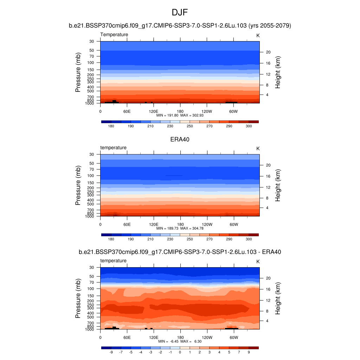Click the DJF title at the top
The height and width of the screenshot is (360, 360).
pyautogui.click(x=180, y=13)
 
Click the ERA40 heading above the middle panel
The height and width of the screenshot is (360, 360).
pyautogui.click(x=180, y=139)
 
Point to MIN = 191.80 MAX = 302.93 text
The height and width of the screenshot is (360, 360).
pyautogui.click(x=180, y=115)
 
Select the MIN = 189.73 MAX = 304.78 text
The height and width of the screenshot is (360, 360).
pyautogui.click(x=180, y=228)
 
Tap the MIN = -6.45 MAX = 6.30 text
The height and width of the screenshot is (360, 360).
pyautogui.click(x=180, y=341)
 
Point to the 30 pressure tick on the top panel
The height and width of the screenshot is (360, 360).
pyautogui.click(x=92, y=41)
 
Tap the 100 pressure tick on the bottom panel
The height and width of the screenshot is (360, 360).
pyautogui.click(x=91, y=289)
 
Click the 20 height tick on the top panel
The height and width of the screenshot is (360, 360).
pyautogui.click(x=267, y=52)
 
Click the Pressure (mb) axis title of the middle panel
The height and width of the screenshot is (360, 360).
pyautogui.click(x=78, y=185)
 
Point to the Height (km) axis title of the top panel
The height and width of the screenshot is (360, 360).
pyautogui.click(x=278, y=72)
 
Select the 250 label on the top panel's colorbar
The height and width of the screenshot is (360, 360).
pyautogui.click(x=189, y=126)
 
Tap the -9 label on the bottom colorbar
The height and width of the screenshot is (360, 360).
pyautogui.click(x=111, y=352)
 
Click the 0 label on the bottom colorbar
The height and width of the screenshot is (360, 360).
pyautogui.click(x=180, y=352)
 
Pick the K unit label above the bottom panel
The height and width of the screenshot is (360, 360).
pyautogui.click(x=258, y=262)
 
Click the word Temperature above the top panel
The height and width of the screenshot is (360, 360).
pyautogui.click(x=114, y=34)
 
